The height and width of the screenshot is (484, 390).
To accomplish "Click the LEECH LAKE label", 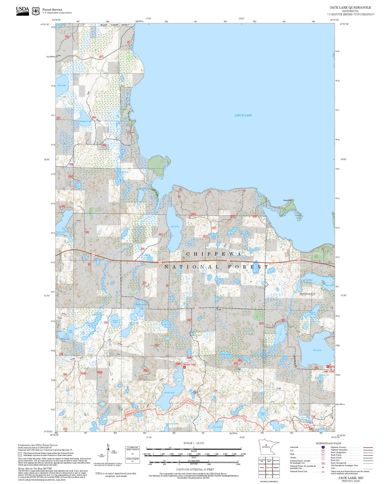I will click(x=243, y=115).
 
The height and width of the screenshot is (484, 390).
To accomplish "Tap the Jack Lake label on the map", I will click(x=175, y=226).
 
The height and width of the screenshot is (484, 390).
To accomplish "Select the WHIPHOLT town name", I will click(x=307, y=294).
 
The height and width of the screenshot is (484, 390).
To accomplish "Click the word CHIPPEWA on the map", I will click(x=214, y=254).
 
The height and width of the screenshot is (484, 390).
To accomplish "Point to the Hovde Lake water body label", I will click(x=169, y=393).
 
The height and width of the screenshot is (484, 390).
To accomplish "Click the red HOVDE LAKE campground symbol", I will click(x=184, y=367).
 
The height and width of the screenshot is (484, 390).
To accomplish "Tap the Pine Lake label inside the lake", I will click(x=317, y=350).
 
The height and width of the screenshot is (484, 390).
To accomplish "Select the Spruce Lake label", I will click(x=115, y=321).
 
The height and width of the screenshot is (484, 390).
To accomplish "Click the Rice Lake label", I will click(x=62, y=85).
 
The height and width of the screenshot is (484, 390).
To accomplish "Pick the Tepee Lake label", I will click(x=262, y=414).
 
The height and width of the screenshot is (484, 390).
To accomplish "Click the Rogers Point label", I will click(x=288, y=200).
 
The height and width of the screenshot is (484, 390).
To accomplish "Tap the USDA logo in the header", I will click(x=22, y=11).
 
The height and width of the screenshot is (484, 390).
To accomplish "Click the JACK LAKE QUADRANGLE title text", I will click(x=350, y=8).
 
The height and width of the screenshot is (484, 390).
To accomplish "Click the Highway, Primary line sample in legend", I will click(x=368, y=447).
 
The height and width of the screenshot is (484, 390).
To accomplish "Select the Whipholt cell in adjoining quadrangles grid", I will click(x=276, y=467).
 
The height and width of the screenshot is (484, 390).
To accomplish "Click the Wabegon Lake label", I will click(x=85, y=121).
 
